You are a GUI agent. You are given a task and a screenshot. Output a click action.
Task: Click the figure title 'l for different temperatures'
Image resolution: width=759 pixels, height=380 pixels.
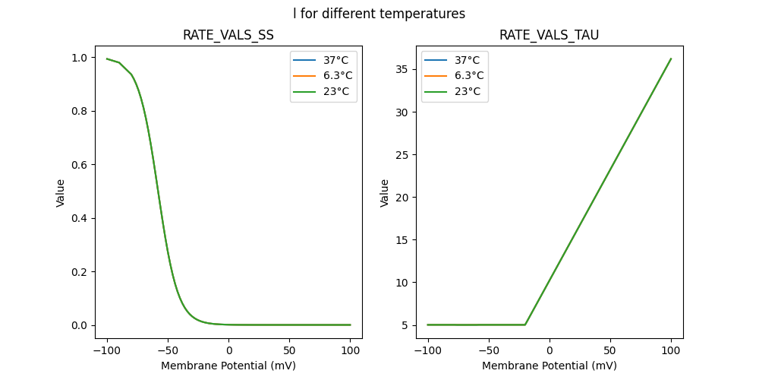click(379, 14)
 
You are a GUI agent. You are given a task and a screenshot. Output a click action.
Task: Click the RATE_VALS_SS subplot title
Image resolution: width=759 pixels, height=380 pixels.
click(228, 36)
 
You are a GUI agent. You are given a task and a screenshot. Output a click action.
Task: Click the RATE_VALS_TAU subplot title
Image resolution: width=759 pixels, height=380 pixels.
click(550, 36)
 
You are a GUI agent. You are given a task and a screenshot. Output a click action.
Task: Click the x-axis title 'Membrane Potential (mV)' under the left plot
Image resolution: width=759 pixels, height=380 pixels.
click(228, 366)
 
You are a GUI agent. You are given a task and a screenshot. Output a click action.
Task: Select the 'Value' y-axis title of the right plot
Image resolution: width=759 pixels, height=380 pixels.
click(385, 193)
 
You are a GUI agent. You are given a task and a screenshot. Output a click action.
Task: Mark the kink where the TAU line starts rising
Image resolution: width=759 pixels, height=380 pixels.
click(525, 325)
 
